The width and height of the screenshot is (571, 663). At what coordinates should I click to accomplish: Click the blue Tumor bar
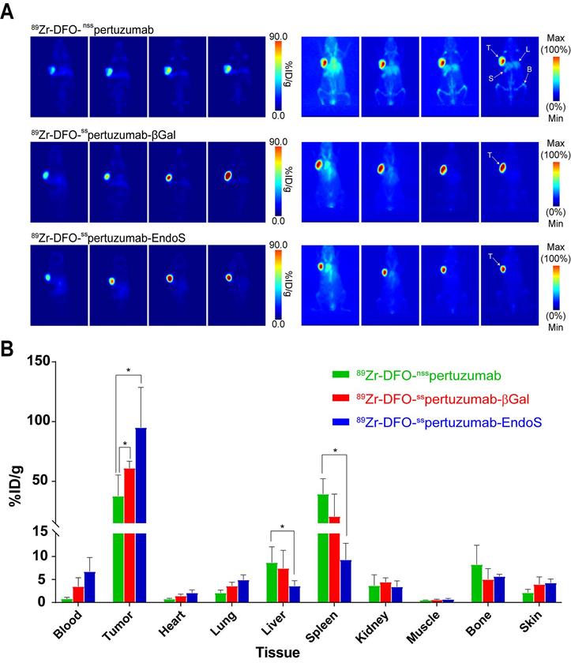coord(141,513)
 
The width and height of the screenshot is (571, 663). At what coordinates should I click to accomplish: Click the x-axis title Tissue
coord(284,652)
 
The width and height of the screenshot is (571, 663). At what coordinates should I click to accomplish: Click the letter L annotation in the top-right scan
coord(528,50)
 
